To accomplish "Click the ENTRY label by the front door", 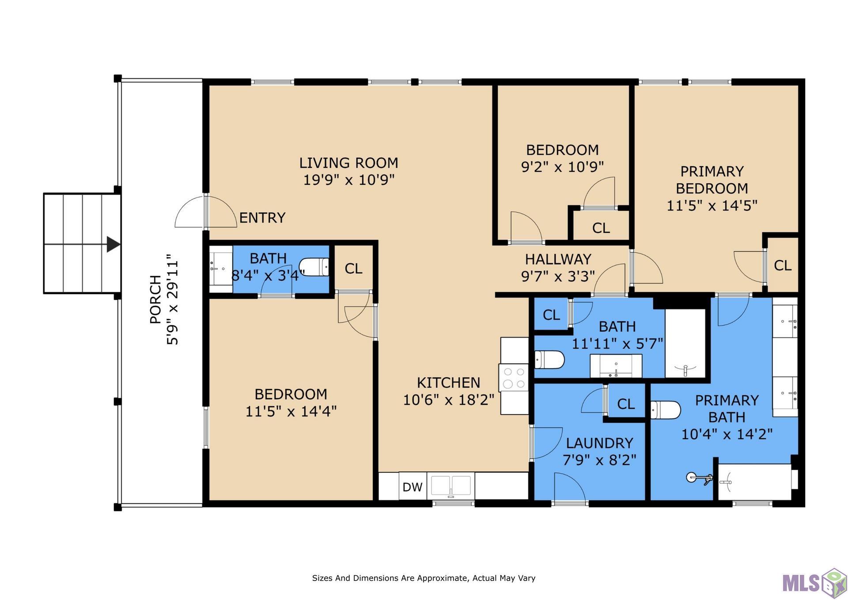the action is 262,217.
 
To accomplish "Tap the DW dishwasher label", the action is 413,487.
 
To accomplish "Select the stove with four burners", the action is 514,378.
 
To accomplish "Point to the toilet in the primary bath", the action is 666,410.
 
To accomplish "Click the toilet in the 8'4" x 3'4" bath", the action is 314,267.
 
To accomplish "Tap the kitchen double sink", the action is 451,486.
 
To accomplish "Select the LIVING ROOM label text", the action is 348,163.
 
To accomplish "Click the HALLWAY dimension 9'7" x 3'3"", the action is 558,276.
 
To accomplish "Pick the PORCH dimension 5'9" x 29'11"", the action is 172,300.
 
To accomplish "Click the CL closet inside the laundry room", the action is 626,404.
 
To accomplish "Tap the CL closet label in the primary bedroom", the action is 783,266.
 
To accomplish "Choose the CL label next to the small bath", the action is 353,269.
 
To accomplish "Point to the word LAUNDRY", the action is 600,443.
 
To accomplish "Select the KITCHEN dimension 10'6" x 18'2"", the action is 449,400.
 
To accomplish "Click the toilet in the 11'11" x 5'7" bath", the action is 549,360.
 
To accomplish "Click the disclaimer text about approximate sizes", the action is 424,578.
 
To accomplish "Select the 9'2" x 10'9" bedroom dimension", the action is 563,167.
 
